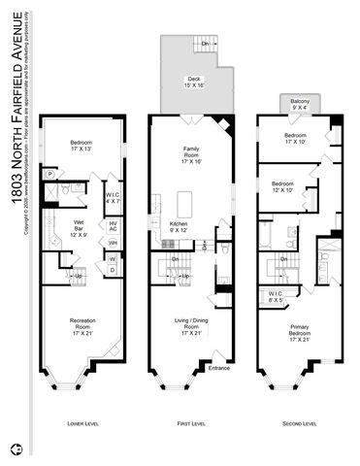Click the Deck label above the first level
[x=193, y=83]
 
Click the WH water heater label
[x=112, y=243]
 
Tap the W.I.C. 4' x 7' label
[x=113, y=198]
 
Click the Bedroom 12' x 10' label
[x=283, y=186]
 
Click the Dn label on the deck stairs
[x=205, y=46]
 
